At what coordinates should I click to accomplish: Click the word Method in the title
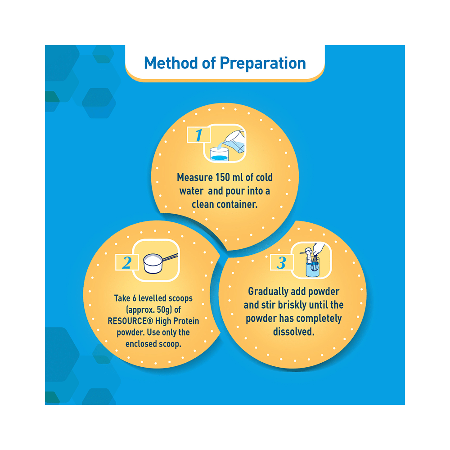click(171, 63)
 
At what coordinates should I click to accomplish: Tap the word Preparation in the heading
click(263, 63)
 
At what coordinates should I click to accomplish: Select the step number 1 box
click(198, 135)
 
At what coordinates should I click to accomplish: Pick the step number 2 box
click(127, 262)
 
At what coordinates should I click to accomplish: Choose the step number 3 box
click(282, 262)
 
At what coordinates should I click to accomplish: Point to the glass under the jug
click(219, 154)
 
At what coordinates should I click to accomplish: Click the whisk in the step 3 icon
click(314, 263)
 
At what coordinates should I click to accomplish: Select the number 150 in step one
click(223, 177)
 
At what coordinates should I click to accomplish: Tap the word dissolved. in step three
click(293, 332)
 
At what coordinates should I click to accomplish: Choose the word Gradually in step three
click(268, 292)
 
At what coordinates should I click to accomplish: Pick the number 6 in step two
click(134, 298)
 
